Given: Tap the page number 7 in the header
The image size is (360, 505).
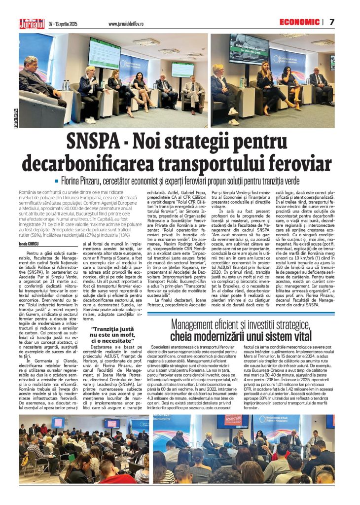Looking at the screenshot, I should (x=332, y=22).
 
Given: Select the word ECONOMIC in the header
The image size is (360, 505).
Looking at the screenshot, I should (x=299, y=22).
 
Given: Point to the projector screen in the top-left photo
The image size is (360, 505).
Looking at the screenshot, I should (x=105, y=53).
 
